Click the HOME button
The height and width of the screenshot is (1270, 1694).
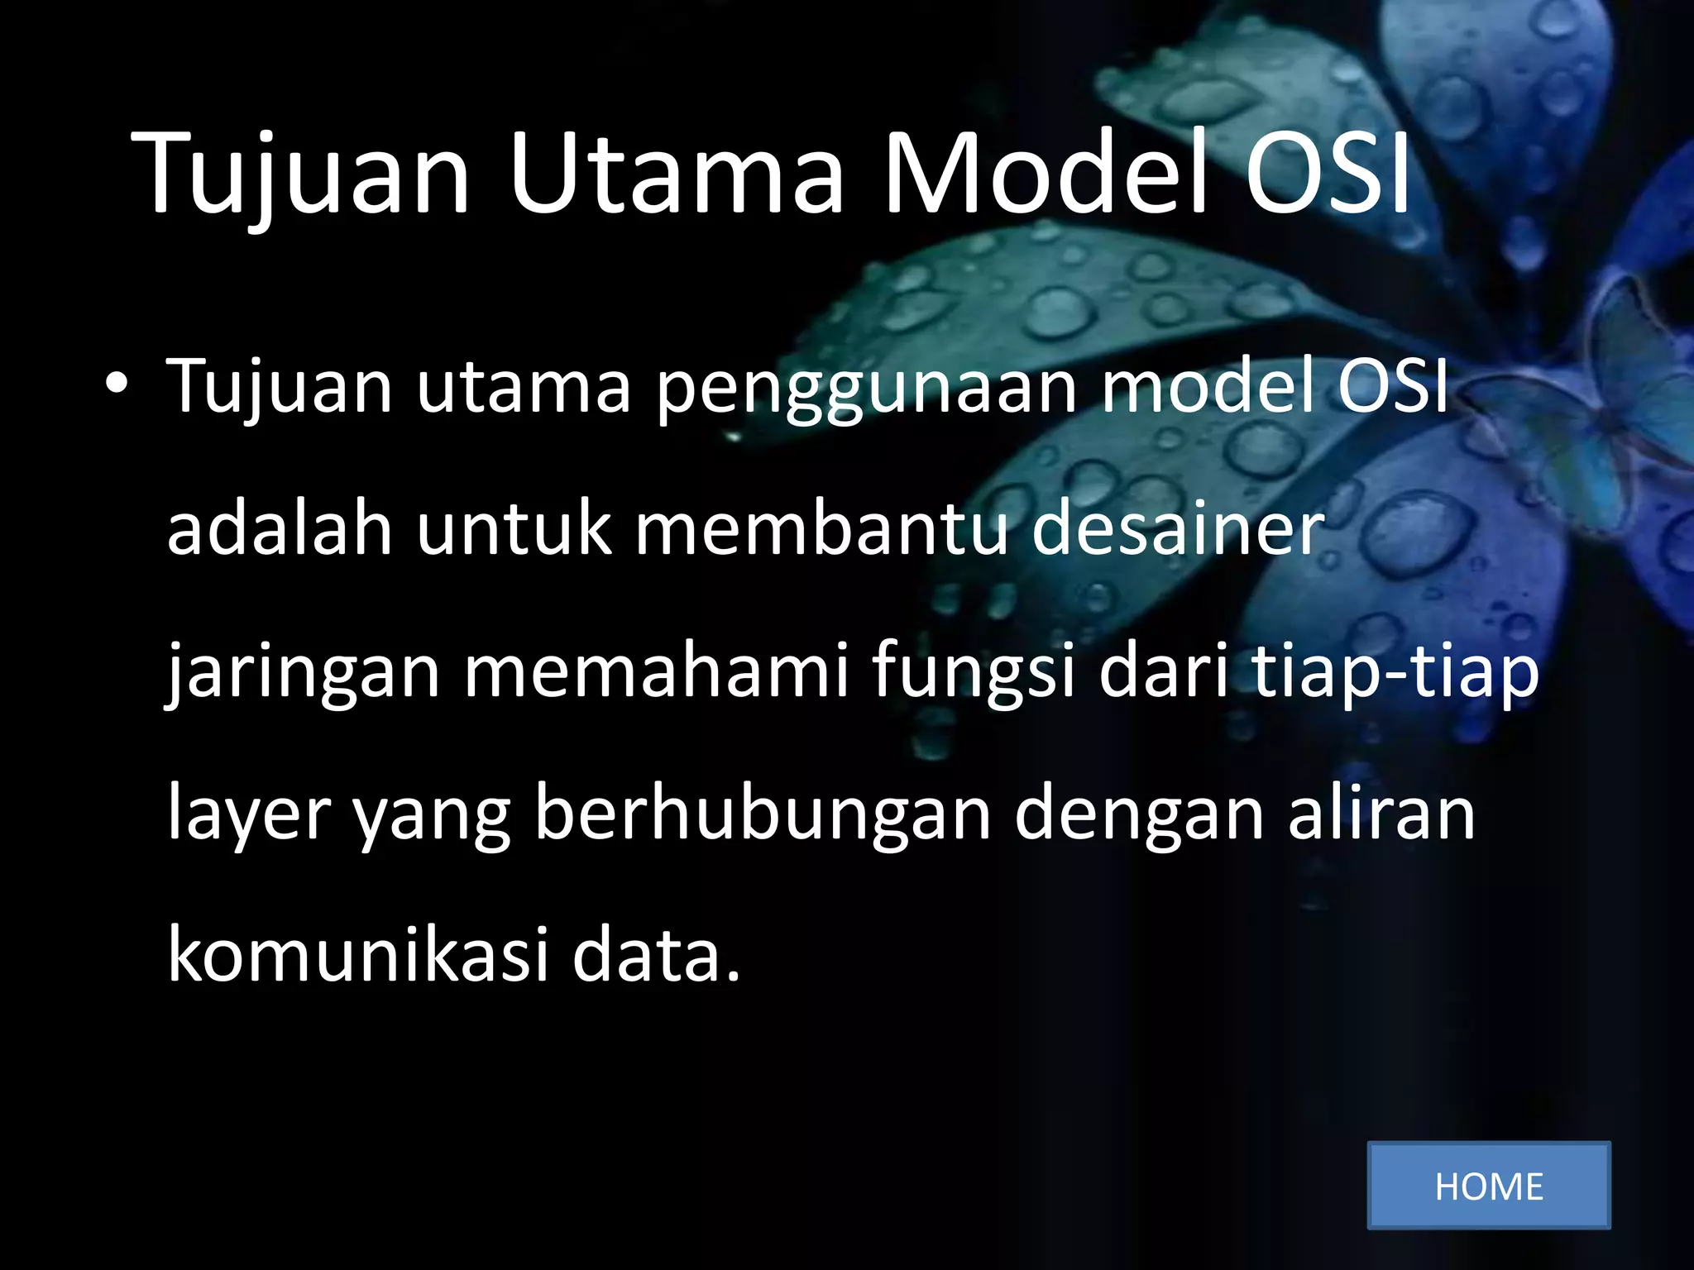coord(1488,1186)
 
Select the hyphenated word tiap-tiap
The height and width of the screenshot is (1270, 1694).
coord(1395,671)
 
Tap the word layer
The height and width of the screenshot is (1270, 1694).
coord(249,814)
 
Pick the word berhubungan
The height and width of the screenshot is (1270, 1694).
coord(762,814)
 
